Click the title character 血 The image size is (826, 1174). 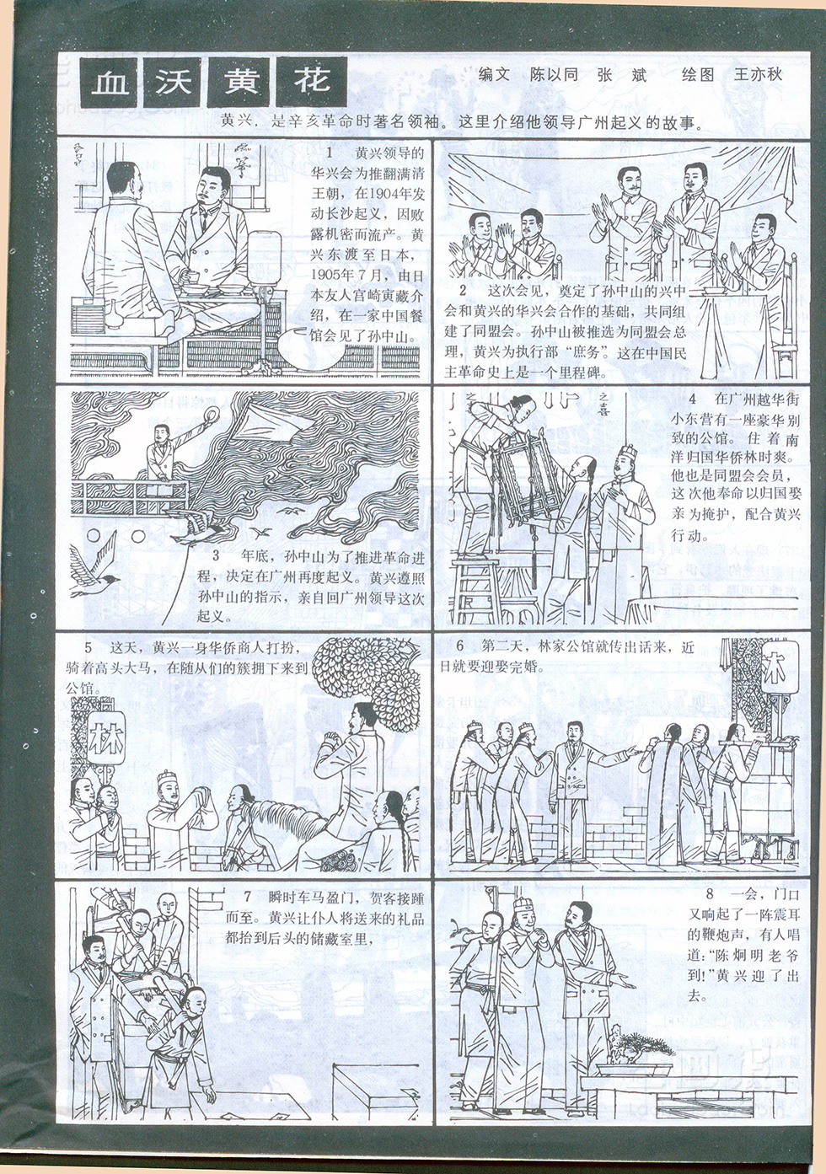(x=110, y=83)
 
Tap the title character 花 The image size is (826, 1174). (x=312, y=80)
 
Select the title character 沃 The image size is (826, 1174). (x=173, y=82)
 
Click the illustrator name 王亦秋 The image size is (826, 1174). (x=758, y=74)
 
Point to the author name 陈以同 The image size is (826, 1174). (x=554, y=74)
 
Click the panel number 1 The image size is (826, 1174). (x=330, y=153)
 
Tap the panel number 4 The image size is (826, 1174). (x=692, y=399)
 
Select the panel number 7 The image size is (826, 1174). (x=247, y=897)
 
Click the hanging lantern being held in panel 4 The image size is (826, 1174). (x=526, y=478)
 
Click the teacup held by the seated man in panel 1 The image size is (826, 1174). (x=193, y=277)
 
